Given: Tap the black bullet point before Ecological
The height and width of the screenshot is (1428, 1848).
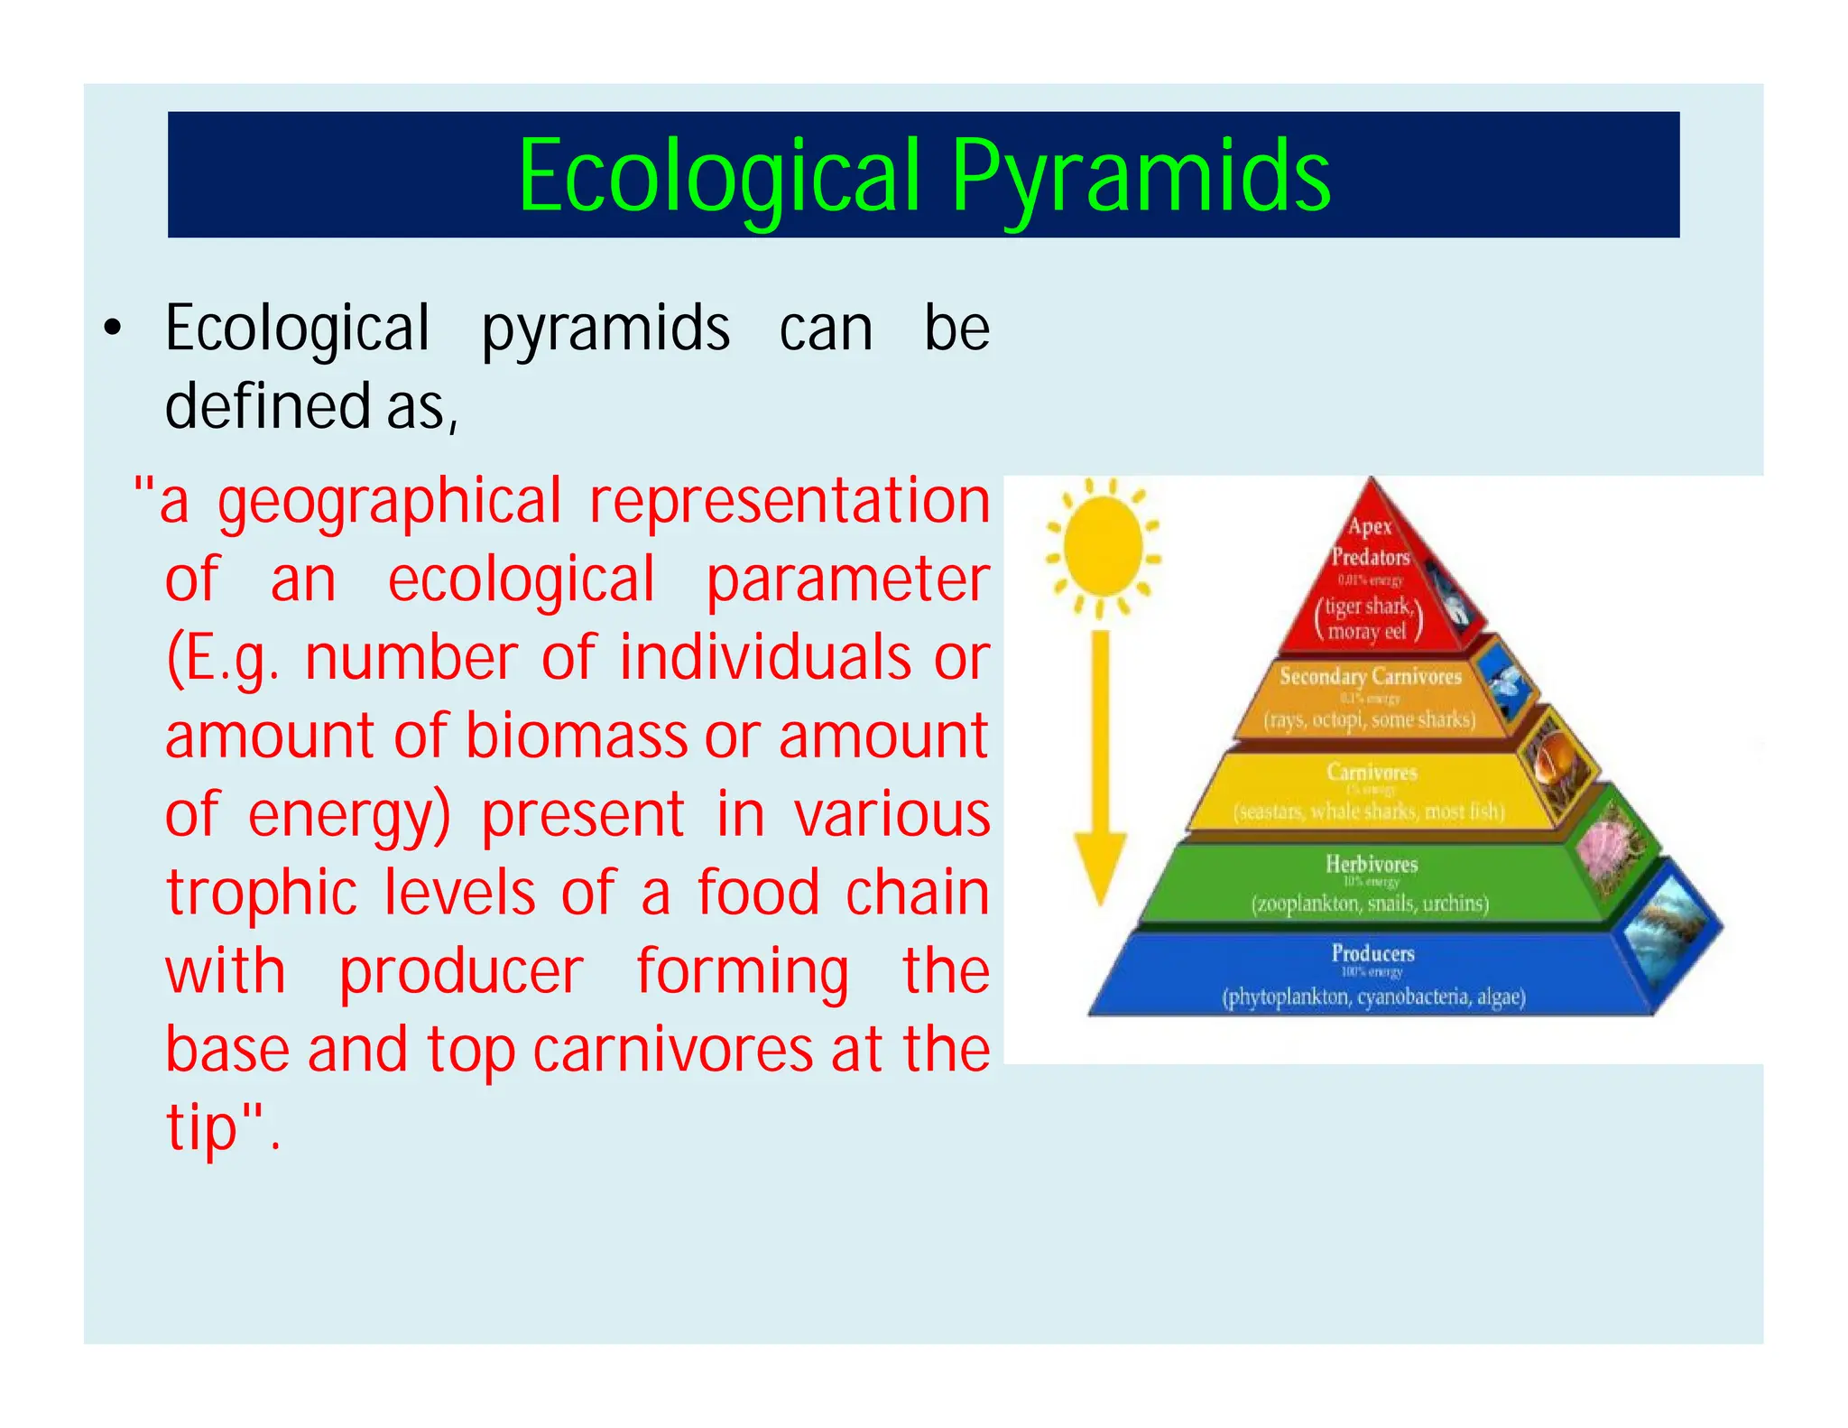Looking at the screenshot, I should point(112,330).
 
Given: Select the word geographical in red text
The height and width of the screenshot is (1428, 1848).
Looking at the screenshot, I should point(389,503).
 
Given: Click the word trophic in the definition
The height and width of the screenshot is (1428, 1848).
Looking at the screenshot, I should point(262,893).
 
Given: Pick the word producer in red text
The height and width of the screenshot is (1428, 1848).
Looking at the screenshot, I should point(461,972).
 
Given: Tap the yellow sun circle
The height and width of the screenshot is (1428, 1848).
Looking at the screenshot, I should point(1102,547).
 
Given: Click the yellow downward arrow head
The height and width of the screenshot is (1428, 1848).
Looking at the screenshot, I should point(1100,867).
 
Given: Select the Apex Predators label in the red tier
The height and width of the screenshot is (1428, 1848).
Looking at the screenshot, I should point(1370,542).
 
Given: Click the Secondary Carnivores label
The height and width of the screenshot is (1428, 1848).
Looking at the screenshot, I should point(1370,676).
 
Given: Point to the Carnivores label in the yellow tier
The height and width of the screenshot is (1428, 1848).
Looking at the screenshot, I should point(1372,772).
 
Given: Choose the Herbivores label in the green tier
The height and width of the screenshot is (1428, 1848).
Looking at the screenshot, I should point(1372,864).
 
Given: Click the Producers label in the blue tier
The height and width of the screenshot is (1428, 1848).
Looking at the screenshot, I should point(1372,953).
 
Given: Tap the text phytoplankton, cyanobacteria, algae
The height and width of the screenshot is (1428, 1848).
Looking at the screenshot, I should point(1373,997).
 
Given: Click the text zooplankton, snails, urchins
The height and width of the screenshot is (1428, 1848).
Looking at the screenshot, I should point(1369,904).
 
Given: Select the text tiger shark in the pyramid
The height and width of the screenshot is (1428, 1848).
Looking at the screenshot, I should point(1367,606).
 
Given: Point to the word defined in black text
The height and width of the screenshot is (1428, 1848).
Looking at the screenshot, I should point(268,407).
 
